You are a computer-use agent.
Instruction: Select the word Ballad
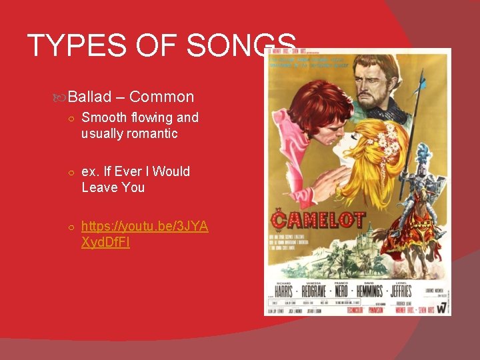(x=89, y=97)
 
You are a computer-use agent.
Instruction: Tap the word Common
(x=162, y=97)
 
